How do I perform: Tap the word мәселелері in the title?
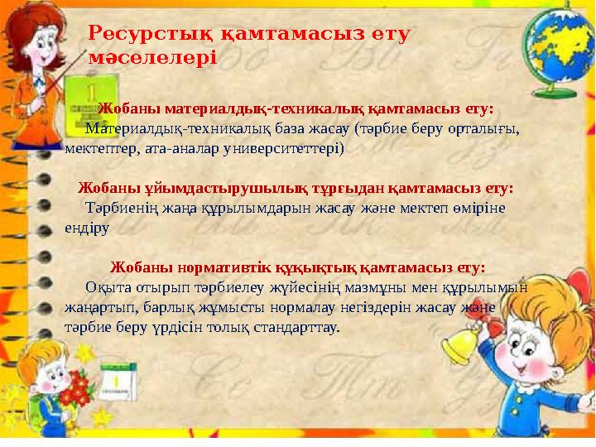[152, 58]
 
